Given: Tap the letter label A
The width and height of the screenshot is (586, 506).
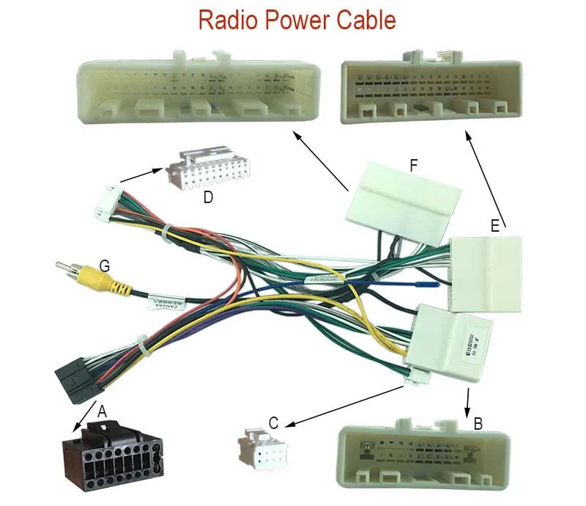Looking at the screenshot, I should click(x=103, y=413).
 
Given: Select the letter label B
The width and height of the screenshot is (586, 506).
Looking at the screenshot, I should click(x=478, y=423).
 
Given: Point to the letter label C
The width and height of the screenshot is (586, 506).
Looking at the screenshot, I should click(x=273, y=422).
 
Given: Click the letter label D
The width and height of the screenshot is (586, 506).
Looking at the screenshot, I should click(x=208, y=197).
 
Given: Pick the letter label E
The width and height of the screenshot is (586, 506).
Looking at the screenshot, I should click(x=495, y=226).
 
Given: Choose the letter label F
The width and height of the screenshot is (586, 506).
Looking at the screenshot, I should click(x=414, y=166).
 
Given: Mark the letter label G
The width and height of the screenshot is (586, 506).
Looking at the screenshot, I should click(x=105, y=266).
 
